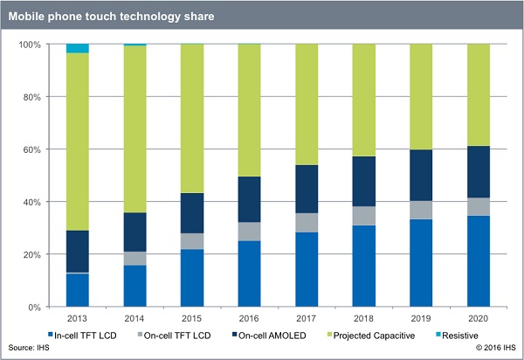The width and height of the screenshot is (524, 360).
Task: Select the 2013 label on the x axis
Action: tap(78, 320)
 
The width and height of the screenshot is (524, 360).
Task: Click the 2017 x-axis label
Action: tap(305, 320)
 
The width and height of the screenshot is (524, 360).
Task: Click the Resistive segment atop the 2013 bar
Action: tap(78, 48)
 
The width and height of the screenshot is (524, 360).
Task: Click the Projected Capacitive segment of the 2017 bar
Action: tap(305, 105)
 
